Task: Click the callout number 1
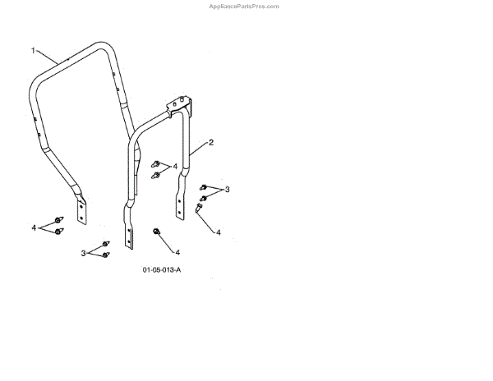tap(34, 51)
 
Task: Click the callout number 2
tap(211, 143)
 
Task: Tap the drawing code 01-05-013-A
tap(161, 269)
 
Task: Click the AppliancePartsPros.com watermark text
tap(246, 6)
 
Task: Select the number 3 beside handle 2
tap(228, 190)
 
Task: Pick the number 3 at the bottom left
tap(83, 253)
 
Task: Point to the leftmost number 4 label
tap(34, 227)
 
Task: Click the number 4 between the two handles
tap(176, 167)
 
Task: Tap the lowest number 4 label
tap(177, 252)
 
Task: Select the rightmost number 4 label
tap(219, 232)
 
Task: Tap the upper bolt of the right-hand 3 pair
tap(204, 188)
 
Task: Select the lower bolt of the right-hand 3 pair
tap(202, 199)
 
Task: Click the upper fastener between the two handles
tap(155, 164)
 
